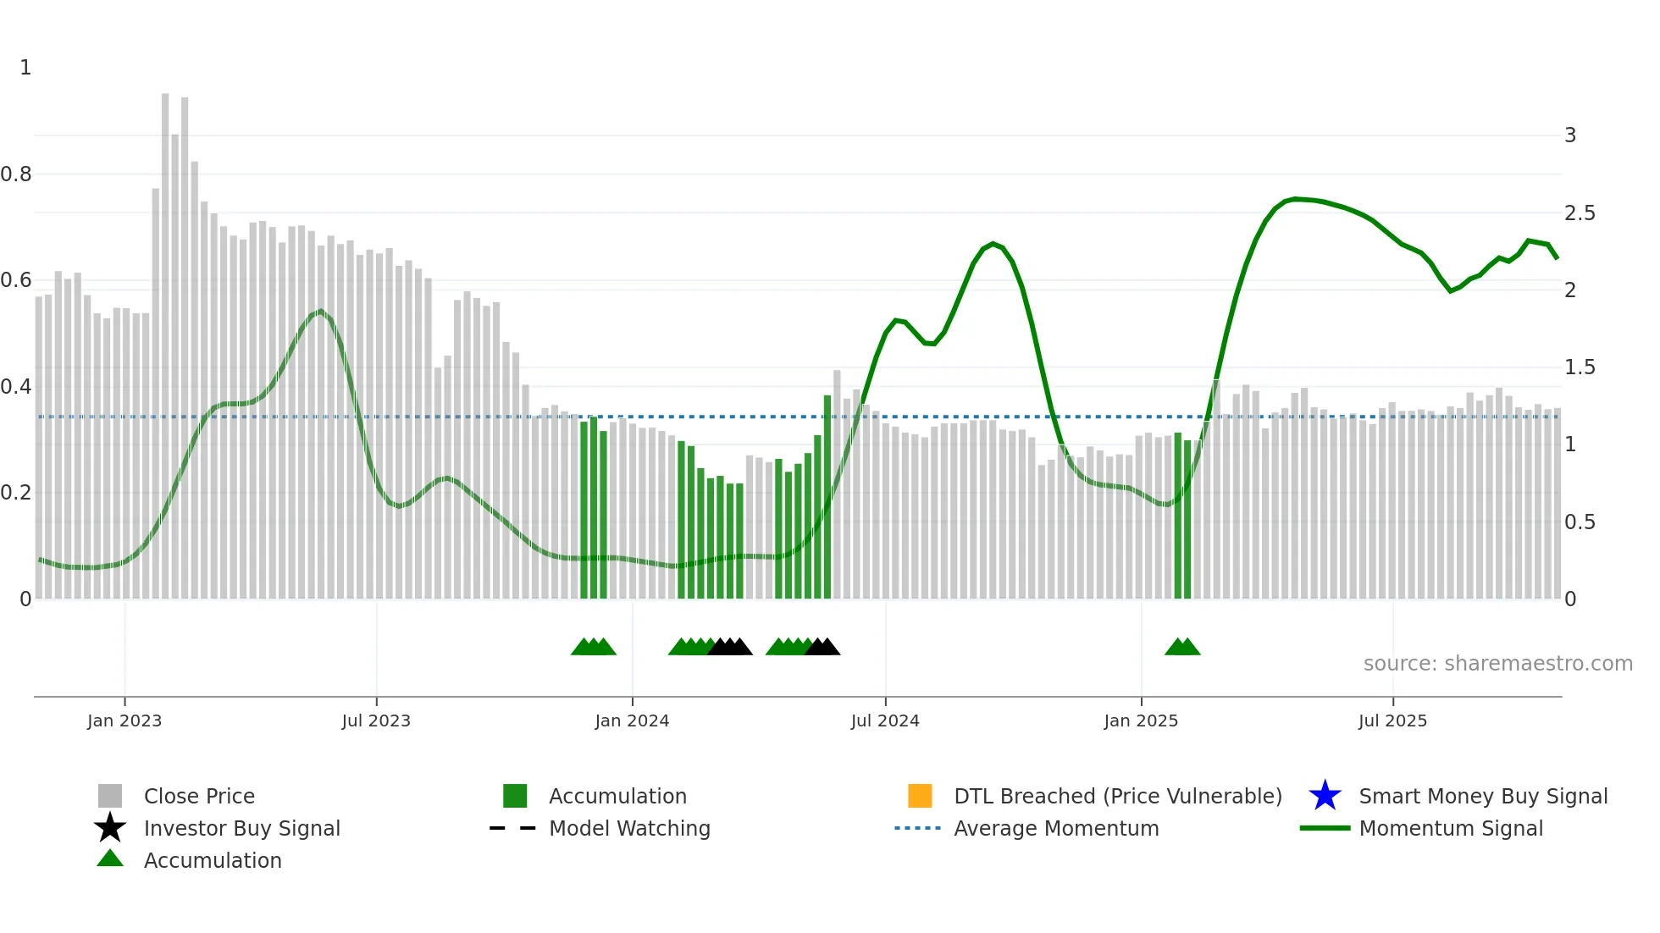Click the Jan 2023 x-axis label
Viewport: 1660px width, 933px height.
click(124, 721)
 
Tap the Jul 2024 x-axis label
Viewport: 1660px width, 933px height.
click(885, 721)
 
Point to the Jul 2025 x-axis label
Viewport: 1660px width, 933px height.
click(1392, 721)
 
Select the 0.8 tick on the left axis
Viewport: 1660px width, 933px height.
click(16, 174)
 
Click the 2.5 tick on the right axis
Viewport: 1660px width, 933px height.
click(1580, 213)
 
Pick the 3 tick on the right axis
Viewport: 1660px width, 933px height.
click(1570, 135)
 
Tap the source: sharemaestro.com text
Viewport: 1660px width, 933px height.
click(1497, 664)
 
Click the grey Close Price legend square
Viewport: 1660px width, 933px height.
click(110, 796)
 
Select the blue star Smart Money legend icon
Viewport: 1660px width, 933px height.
click(1325, 796)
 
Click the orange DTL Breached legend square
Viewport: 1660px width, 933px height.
click(920, 796)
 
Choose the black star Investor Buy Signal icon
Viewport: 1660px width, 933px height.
click(110, 828)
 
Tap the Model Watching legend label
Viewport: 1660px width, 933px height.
click(629, 828)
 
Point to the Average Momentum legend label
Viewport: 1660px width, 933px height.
click(1056, 828)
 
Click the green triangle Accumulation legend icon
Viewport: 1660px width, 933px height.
click(110, 858)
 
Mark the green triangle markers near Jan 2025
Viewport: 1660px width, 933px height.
click(1182, 647)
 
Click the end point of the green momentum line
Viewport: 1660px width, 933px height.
click(1557, 258)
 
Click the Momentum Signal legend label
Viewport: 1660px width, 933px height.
click(1451, 828)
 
